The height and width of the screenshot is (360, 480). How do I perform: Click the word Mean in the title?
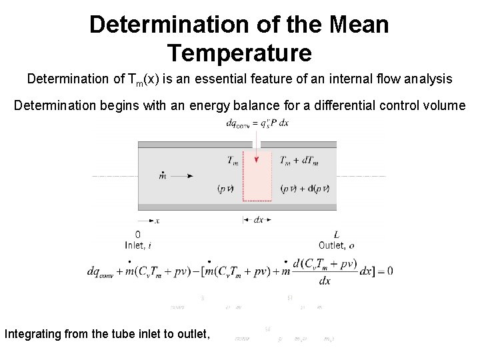(356, 25)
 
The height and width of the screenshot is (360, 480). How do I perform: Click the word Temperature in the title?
(239, 51)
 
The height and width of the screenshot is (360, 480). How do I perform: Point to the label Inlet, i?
(138, 245)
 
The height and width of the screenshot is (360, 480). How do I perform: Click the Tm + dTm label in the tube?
(299, 160)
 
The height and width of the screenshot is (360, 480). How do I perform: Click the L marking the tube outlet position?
(336, 235)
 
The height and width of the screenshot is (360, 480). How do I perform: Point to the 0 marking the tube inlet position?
(138, 235)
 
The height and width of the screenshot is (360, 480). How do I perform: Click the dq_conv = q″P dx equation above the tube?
(257, 123)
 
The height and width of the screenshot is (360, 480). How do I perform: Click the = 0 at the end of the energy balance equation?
(385, 271)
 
